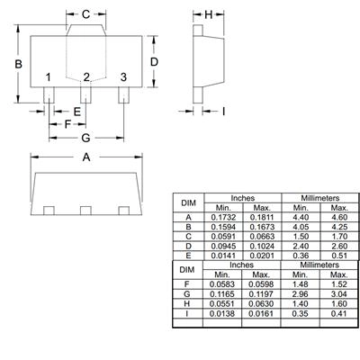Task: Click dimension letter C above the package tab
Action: point(85,14)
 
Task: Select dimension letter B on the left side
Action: point(18,64)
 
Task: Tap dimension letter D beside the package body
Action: point(154,62)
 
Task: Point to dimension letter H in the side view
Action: point(209,14)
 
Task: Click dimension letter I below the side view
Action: point(223,112)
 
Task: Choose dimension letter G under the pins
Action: point(85,138)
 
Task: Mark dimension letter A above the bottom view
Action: point(86,157)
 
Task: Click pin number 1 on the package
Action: point(48,77)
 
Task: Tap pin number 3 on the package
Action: point(123,77)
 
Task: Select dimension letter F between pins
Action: point(67,124)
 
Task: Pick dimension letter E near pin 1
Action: point(77,112)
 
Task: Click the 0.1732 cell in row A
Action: point(223,217)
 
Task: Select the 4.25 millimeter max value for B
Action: point(339,227)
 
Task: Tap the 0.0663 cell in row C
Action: point(262,237)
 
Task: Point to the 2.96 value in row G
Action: point(300,294)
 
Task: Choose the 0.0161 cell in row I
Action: point(261,313)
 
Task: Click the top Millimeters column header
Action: point(320,198)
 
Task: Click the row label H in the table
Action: point(187,303)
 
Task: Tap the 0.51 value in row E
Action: point(339,256)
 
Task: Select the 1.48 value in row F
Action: point(300,284)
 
